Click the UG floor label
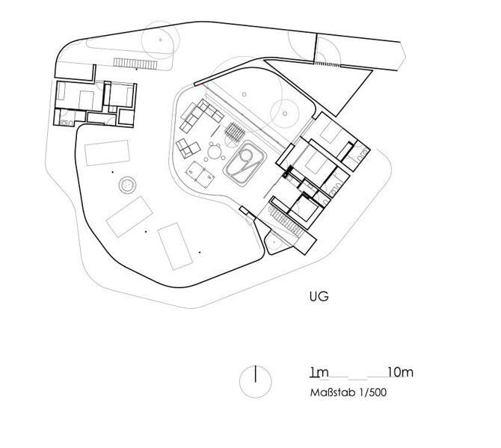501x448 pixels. pos(319,296)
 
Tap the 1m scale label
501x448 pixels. pos(319,372)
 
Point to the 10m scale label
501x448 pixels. pos(400,372)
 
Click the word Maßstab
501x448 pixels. pos(333,393)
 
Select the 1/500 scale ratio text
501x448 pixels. pos(373,393)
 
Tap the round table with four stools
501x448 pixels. pos(215,152)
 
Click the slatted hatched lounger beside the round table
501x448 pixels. pos(235,131)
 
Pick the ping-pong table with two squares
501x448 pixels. pos(200,174)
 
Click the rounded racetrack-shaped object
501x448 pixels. pos(246,163)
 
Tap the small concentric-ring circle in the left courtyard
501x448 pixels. pos(127,185)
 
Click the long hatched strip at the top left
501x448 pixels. pos(135,64)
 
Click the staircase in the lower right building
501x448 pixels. pos(286,221)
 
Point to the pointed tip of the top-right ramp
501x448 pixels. pos(405,57)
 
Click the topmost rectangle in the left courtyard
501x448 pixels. pos(108,153)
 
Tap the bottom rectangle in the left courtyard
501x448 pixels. pos(175,246)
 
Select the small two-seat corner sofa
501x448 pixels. pos(188,148)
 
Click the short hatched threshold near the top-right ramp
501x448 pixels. pos(328,64)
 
